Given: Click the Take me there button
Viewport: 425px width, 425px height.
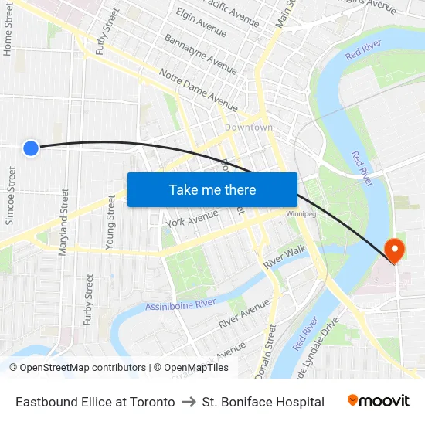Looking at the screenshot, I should (x=212, y=189).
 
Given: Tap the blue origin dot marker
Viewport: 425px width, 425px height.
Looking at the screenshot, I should (x=31, y=148).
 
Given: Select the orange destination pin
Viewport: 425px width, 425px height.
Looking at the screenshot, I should (x=394, y=249).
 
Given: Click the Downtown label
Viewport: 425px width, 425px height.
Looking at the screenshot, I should (x=249, y=127).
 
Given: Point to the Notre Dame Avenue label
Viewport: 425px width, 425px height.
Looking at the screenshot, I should (x=198, y=90).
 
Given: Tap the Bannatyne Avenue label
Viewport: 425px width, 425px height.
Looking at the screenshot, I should (x=200, y=54).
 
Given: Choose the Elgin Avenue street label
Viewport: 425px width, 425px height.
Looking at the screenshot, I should (x=201, y=23).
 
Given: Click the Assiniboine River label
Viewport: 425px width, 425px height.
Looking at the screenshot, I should (x=181, y=305).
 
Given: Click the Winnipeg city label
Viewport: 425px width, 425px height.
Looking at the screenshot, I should (x=301, y=213).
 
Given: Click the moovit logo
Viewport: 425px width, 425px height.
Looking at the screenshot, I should (x=379, y=401).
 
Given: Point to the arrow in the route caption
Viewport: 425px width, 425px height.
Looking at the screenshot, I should (x=189, y=402).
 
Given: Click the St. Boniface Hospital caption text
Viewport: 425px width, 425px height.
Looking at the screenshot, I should (x=263, y=402).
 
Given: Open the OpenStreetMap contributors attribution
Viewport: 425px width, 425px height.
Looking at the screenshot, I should (x=83, y=368).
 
